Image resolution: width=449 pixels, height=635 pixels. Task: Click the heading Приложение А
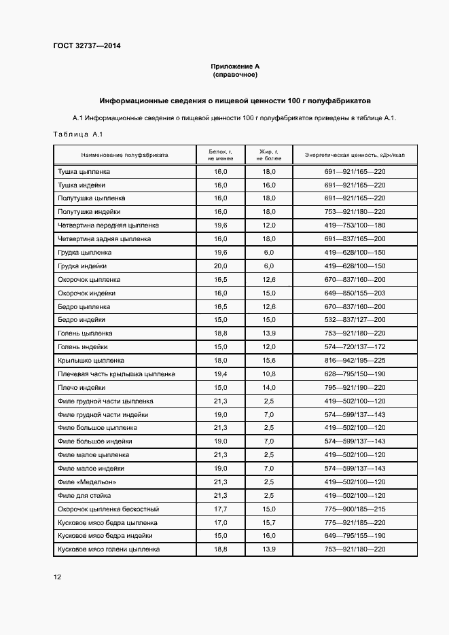click(235, 66)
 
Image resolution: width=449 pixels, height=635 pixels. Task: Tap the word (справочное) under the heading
click(235, 74)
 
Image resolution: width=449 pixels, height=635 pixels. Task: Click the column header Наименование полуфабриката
click(124, 155)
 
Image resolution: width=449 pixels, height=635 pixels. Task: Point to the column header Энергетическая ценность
click(355, 155)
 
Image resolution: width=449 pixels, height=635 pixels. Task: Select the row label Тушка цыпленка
click(83, 172)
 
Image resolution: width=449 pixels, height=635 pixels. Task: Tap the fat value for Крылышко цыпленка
click(269, 361)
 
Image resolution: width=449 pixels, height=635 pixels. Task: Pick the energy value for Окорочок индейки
click(355, 293)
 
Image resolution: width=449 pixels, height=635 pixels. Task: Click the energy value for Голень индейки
click(355, 347)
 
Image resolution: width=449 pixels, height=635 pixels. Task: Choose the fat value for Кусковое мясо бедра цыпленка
click(269, 522)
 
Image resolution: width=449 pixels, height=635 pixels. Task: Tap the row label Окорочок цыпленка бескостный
click(109, 509)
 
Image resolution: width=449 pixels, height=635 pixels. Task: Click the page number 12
click(57, 577)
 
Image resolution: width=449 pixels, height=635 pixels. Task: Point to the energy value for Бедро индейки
click(355, 320)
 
